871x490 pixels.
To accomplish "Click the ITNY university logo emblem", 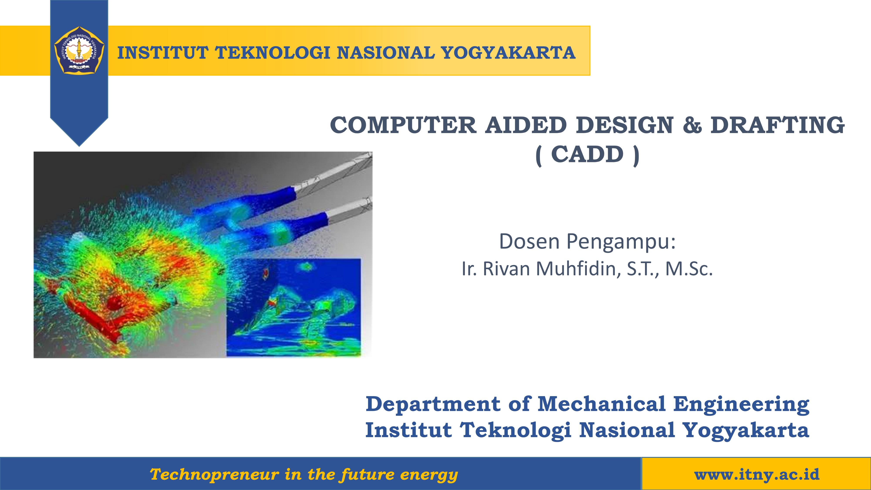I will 79,51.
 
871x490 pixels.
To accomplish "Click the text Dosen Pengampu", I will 587,242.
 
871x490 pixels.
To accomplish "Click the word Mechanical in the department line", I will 601,404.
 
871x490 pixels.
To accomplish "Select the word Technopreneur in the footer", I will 214,475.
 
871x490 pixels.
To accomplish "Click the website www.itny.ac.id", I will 757,475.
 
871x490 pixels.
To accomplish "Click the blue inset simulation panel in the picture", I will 294,307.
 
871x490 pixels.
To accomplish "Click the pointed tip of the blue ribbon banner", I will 79,144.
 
